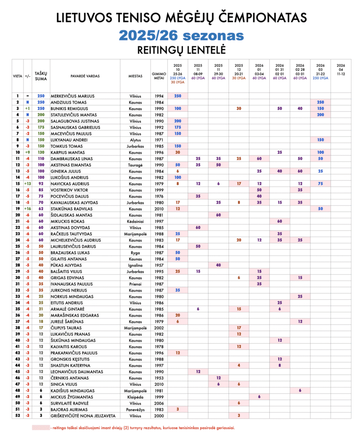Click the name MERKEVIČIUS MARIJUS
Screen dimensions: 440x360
(73, 96)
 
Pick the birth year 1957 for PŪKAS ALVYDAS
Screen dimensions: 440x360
(159, 265)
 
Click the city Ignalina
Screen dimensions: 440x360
(136, 265)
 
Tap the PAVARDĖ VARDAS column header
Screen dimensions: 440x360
(85, 76)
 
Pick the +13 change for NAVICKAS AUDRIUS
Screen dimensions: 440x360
(27, 183)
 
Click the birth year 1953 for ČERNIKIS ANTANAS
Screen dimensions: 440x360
(159, 378)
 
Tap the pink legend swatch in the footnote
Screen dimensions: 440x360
(40, 428)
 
